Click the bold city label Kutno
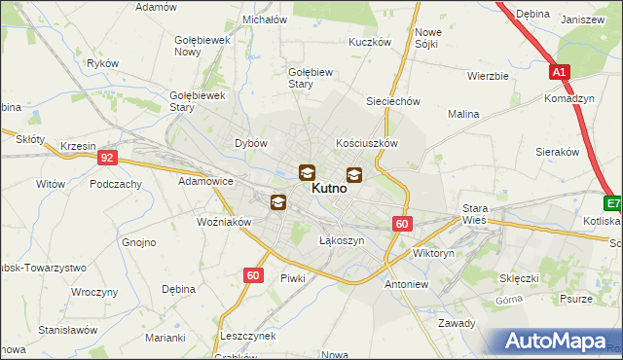point(329,192)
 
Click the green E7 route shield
point(612,203)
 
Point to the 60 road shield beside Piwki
point(253,275)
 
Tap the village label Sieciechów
point(392,101)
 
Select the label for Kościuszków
point(367,142)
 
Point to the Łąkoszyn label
point(342,240)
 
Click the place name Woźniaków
point(225,222)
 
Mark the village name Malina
point(463,114)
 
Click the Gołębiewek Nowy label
point(201,46)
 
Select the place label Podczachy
point(116,184)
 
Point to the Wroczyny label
point(94,292)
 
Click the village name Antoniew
point(407,285)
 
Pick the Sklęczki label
point(519,278)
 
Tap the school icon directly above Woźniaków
point(278,201)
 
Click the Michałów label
point(265,18)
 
